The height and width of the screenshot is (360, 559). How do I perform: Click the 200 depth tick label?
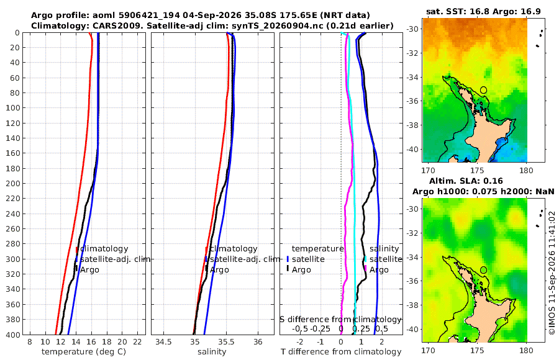click(x=13, y=183)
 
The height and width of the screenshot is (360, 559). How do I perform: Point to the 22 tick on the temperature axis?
click(x=137, y=342)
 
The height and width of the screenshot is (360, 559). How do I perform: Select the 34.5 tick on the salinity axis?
click(x=163, y=342)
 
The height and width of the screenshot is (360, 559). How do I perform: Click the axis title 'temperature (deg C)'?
click(x=84, y=352)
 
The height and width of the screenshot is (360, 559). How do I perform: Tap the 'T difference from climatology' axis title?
click(x=341, y=352)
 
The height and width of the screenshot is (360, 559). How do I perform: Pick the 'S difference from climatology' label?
click(x=340, y=319)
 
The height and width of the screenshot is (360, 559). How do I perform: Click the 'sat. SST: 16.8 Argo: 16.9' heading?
click(x=483, y=11)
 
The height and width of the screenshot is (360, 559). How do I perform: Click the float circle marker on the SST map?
click(x=483, y=90)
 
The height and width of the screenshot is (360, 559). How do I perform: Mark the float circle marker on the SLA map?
click(x=483, y=270)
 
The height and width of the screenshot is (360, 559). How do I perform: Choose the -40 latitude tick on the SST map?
click(x=412, y=149)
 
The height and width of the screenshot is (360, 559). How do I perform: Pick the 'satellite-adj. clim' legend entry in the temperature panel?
click(x=112, y=259)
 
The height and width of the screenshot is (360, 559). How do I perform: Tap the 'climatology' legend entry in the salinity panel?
click(x=232, y=249)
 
